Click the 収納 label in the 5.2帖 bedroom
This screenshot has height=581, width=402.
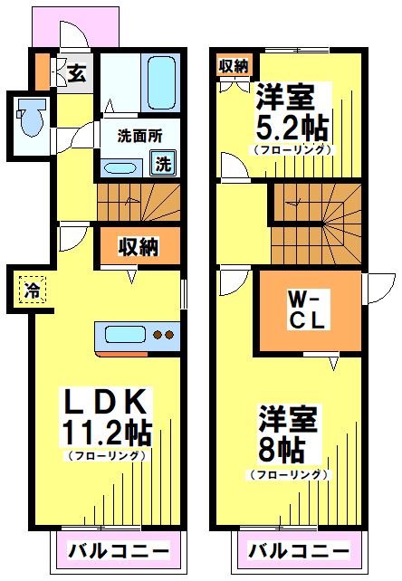pyautogui.click(x=234, y=65)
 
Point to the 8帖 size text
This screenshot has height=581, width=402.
pyautogui.click(x=282, y=447)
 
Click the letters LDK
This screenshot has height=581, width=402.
pyautogui.click(x=107, y=400)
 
